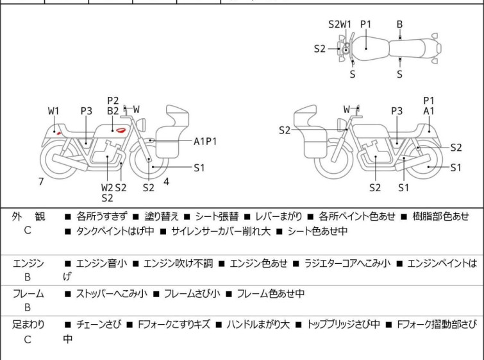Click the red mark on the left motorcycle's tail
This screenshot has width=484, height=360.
pos(58,132)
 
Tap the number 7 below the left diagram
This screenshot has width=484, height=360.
pos(41,182)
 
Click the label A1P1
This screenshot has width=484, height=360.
pos(205,140)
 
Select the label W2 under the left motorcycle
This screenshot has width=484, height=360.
pos(107,187)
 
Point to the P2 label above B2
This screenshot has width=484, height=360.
pos(113,100)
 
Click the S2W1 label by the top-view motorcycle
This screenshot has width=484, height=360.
pos(340,24)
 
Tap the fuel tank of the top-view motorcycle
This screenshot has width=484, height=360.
pos(366,46)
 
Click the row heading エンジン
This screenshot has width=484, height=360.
pos(28,263)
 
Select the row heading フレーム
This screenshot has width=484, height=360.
pos(28,294)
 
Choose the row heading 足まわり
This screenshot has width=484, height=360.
pos(28,325)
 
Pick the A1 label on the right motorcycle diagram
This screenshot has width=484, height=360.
pos(429,110)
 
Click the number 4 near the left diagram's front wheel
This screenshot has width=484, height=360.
pos(166,181)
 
